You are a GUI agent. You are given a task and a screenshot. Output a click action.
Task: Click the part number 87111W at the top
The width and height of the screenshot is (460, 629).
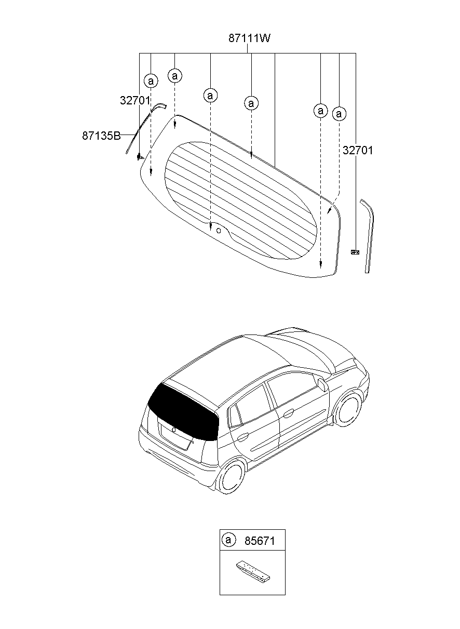[250, 38]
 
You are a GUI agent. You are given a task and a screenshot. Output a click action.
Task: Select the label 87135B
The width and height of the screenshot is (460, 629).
[101, 136]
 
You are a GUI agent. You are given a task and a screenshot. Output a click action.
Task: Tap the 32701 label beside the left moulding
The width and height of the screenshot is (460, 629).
[135, 101]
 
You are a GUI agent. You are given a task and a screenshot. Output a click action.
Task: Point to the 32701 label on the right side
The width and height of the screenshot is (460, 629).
[357, 151]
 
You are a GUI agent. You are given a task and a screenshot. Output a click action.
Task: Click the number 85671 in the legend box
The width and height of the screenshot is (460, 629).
[259, 541]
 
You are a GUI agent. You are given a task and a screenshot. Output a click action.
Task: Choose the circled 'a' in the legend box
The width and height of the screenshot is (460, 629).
[228, 540]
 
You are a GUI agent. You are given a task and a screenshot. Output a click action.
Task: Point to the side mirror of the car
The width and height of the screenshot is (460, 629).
[322, 385]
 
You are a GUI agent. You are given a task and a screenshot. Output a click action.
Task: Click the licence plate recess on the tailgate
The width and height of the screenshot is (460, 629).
[175, 437]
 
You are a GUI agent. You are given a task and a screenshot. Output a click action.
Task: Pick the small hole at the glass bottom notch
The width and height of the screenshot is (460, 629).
[219, 230]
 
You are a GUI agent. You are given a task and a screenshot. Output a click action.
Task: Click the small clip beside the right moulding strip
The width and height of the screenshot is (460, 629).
[355, 252]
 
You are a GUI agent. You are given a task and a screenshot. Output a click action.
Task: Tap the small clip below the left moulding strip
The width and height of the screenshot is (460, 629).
[139, 156]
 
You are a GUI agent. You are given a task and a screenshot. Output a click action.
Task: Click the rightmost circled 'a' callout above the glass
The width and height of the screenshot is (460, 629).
[339, 113]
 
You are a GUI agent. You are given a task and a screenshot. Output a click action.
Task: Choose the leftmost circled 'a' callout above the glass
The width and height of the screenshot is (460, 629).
[151, 81]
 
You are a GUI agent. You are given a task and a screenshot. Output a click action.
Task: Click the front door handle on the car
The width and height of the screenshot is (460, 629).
[288, 413]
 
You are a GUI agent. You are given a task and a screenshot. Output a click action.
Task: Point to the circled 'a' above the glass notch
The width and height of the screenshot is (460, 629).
[210, 96]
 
